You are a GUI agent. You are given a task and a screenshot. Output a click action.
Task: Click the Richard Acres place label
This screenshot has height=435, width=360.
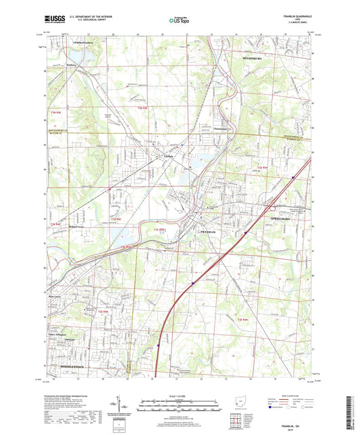(80, 226)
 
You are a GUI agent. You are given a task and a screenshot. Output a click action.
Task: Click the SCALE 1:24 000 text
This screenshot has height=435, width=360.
(180, 394)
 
